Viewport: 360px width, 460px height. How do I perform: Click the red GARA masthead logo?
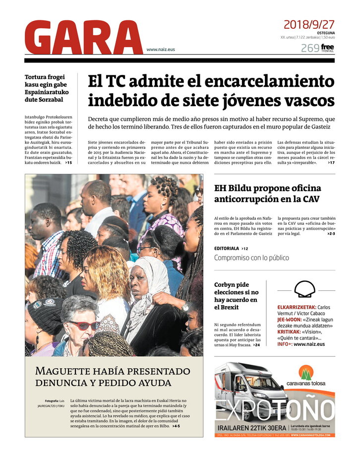83,38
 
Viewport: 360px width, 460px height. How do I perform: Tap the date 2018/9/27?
309,24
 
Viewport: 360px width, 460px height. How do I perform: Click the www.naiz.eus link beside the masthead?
161,49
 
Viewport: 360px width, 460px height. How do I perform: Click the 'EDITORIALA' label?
227,248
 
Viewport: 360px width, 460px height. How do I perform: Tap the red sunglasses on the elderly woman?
84,325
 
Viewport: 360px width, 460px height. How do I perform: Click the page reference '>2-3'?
330,234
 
